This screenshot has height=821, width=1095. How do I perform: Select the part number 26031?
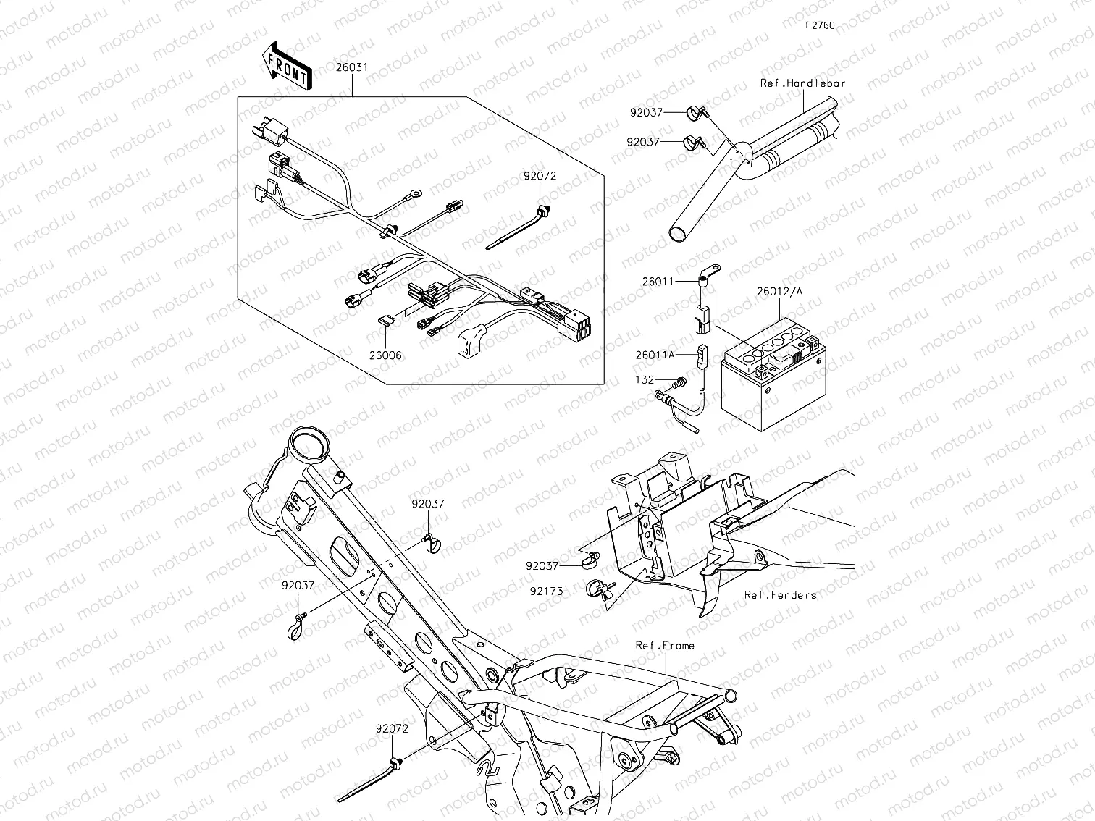(351, 67)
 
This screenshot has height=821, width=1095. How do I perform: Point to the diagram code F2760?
(820, 25)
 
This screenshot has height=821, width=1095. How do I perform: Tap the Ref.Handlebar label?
(802, 83)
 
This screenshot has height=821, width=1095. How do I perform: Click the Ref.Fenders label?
(780, 595)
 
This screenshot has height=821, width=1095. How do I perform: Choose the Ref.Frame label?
(665, 645)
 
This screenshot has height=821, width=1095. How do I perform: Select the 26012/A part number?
(779, 292)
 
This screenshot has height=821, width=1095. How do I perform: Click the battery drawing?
(772, 387)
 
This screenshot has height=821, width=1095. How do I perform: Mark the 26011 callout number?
(658, 281)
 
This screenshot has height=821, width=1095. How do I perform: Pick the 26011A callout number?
(655, 355)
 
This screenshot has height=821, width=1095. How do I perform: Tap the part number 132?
(645, 379)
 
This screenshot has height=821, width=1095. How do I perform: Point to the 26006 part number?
(385, 355)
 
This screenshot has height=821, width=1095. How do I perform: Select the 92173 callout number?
(547, 591)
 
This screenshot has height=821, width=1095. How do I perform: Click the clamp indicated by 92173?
(598, 589)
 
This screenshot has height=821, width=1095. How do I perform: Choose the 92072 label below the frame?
(392, 728)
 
